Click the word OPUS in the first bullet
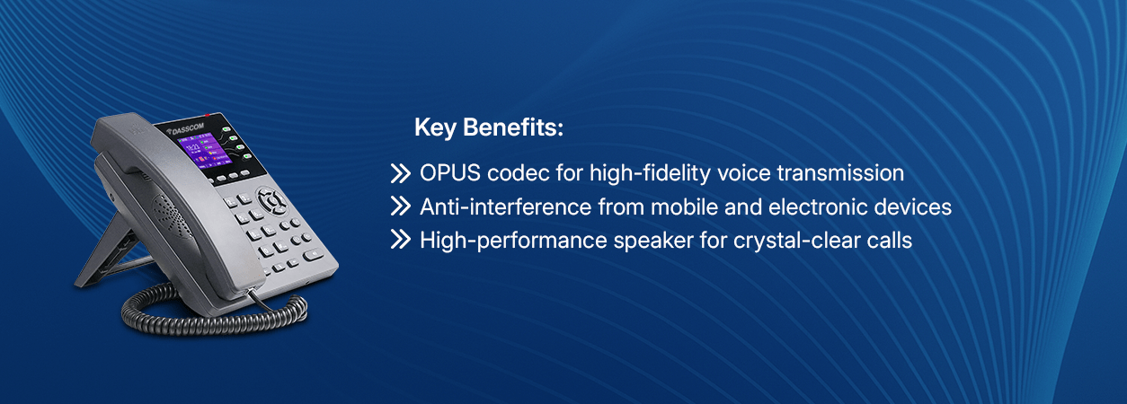click(x=449, y=173)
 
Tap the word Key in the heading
click(x=435, y=128)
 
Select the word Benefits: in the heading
click(x=512, y=127)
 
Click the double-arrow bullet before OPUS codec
click(x=401, y=173)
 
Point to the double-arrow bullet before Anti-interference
click(x=401, y=206)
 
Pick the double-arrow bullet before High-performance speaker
click(x=401, y=240)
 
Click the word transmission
click(x=840, y=173)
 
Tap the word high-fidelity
click(x=650, y=174)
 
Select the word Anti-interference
click(x=506, y=207)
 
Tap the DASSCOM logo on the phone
click(x=185, y=129)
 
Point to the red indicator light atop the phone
click(x=207, y=115)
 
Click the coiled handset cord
click(x=214, y=314)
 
